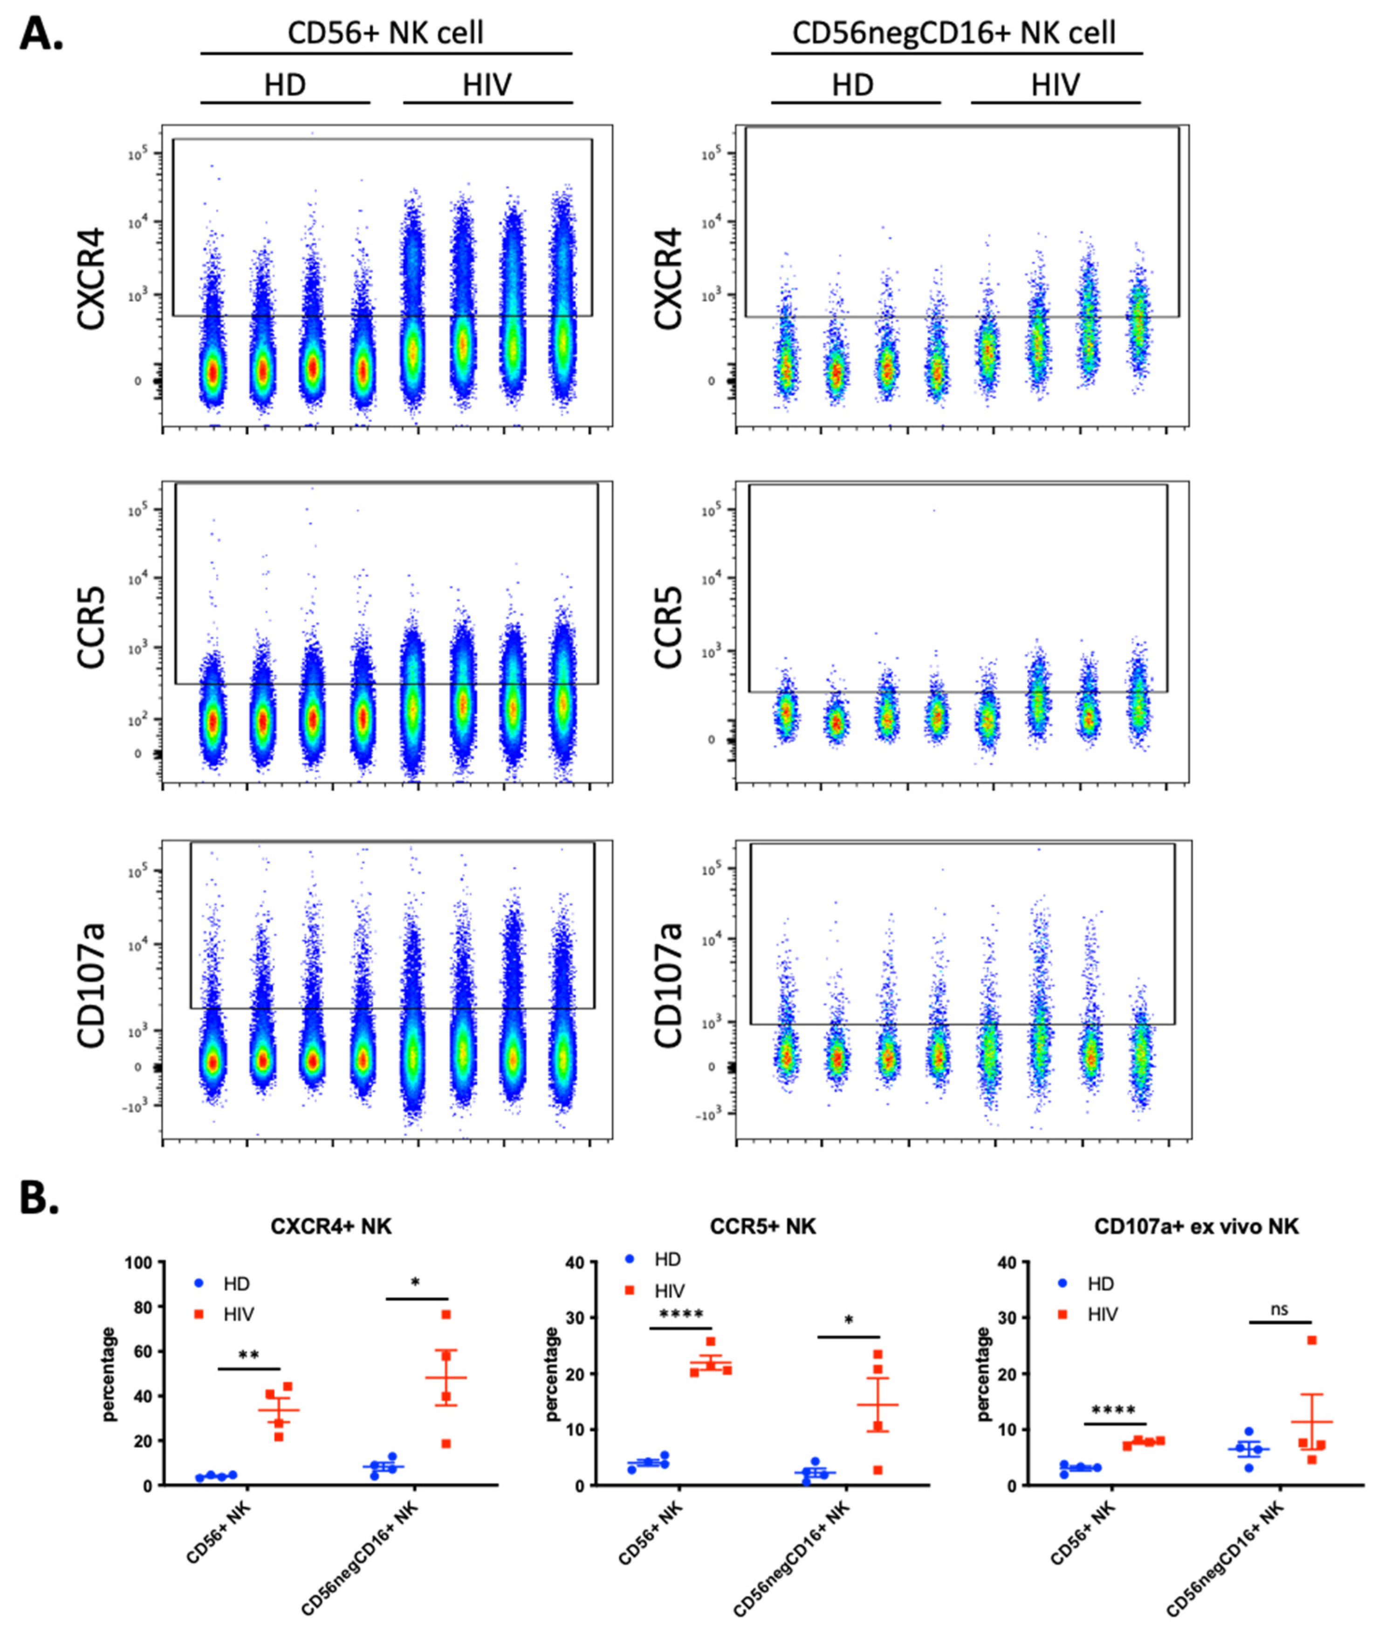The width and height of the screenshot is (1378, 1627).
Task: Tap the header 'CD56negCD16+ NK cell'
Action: [x=954, y=33]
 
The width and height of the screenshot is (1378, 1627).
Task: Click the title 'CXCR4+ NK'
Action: [x=331, y=1227]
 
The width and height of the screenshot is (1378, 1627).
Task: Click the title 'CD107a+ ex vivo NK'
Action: [x=1196, y=1227]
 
